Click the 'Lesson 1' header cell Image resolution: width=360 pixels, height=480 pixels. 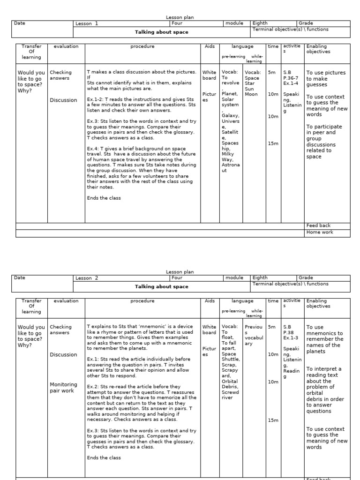(87, 23)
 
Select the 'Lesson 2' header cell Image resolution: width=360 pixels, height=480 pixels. (87, 278)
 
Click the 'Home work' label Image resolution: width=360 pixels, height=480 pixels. (317, 232)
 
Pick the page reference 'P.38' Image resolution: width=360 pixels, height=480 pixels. (288, 333)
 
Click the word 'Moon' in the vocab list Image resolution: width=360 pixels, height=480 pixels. (251, 94)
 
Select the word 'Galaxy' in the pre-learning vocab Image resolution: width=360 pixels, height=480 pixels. (230, 116)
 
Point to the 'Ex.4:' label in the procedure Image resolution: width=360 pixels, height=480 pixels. (93, 148)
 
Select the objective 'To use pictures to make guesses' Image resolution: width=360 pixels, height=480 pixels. (326, 79)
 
